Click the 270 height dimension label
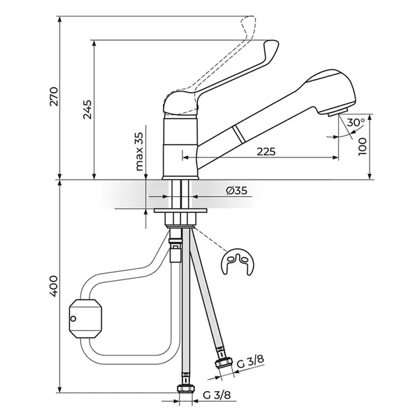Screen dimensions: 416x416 (x=54, y=96)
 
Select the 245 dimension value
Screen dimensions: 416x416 (x=87, y=110)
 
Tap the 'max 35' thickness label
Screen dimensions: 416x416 (x=139, y=151)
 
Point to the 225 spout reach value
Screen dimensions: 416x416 (x=266, y=152)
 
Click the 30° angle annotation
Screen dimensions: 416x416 (x=356, y=123)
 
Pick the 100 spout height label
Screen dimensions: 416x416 (x=362, y=146)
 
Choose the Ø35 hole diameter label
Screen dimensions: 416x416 (x=236, y=191)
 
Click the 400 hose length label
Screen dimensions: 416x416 (x=53, y=286)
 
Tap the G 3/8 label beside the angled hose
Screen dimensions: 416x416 (x=250, y=362)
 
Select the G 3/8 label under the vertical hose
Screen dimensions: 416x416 (x=217, y=395)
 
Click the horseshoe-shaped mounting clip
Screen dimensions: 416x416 (x=237, y=262)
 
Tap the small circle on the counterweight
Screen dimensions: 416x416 (x=73, y=319)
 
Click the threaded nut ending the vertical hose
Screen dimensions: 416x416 (x=186, y=389)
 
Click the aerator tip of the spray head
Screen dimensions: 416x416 (x=338, y=113)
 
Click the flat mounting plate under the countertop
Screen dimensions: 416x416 (x=180, y=210)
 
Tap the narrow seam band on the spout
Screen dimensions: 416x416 (x=239, y=135)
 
